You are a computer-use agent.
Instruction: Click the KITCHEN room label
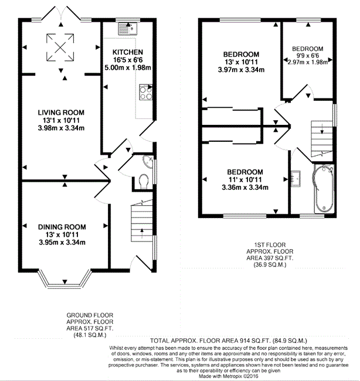pyautogui.click(x=128, y=52)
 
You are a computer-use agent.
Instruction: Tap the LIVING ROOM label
pyautogui.click(x=61, y=113)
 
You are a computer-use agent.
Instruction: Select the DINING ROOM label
pyautogui.click(x=62, y=227)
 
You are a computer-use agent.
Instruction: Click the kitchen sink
pyautogui.click(x=128, y=29)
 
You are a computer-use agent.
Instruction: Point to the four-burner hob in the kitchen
pyautogui.click(x=146, y=92)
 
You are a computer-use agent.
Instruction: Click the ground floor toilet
pyautogui.click(x=144, y=181)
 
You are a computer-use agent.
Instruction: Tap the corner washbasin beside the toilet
pyautogui.click(x=148, y=161)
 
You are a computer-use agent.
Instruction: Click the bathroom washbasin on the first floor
pyautogui.click(x=296, y=179)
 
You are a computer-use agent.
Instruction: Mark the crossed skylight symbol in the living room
pyautogui.click(x=60, y=47)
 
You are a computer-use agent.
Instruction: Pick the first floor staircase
pyautogui.click(x=322, y=139)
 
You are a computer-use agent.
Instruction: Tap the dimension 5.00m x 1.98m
pyautogui.click(x=128, y=67)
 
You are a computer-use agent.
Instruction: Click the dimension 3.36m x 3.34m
pyautogui.click(x=245, y=188)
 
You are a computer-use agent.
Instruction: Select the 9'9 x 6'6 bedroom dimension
pyautogui.click(x=307, y=56)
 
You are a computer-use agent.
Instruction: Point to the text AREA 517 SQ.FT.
pyautogui.click(x=90, y=328)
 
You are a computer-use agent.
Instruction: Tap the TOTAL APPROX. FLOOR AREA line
pyautogui.click(x=229, y=341)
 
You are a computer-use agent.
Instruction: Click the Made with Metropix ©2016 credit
pyautogui.click(x=229, y=376)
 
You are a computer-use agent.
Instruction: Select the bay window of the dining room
pyautogui.click(x=65, y=278)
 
